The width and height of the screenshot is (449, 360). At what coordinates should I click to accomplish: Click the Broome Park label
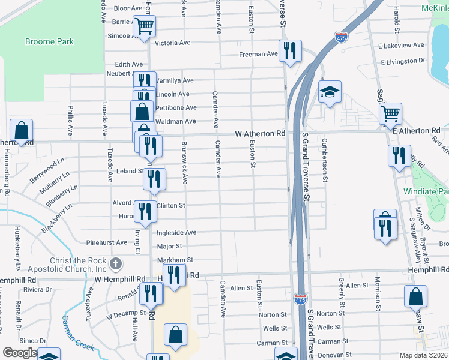pyautogui.click(x=49, y=41)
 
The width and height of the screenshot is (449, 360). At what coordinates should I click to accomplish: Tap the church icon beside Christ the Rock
pyautogui.click(x=116, y=263)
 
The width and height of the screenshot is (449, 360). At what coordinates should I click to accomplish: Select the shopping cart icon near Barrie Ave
pyautogui.click(x=145, y=26)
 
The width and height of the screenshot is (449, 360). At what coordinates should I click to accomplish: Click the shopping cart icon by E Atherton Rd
pyautogui.click(x=391, y=112)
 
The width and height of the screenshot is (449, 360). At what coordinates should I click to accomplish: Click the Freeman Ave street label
pyautogui.click(x=258, y=54)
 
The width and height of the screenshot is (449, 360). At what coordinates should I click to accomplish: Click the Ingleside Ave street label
pyautogui.click(x=176, y=232)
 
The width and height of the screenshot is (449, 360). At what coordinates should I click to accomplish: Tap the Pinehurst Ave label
pyautogui.click(x=107, y=242)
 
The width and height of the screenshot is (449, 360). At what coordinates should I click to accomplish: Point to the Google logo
pyautogui.click(x=20, y=353)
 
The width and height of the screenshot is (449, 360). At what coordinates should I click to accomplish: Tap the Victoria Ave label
pyautogui.click(x=172, y=43)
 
